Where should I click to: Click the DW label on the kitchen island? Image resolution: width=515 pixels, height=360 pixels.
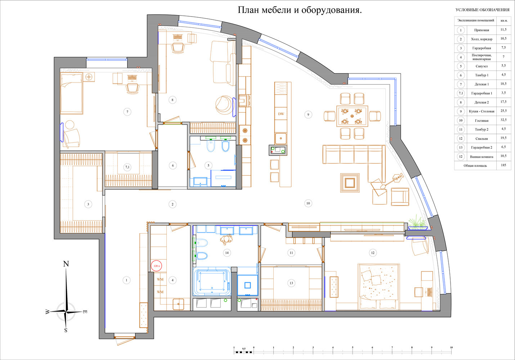click(281, 114)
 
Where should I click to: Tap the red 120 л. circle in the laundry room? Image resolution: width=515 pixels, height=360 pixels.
click(157, 266)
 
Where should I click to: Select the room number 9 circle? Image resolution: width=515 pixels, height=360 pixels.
click(308, 114)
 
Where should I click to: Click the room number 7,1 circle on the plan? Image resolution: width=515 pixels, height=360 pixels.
click(127, 167)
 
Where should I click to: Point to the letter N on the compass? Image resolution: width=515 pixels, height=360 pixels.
click(66, 264)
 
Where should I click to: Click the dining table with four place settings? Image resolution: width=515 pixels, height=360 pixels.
click(352, 116)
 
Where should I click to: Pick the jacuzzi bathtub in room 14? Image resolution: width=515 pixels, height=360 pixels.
click(212, 281)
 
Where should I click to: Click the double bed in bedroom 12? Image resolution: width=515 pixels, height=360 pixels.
click(378, 287)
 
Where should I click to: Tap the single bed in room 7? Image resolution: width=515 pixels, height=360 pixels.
click(72, 93)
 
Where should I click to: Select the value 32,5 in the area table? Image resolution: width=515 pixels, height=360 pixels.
click(503, 120)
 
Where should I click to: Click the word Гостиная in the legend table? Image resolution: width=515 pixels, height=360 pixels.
click(482, 121)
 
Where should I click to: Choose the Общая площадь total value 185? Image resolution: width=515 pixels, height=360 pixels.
click(503, 165)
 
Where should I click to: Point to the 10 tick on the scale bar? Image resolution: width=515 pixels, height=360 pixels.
click(451, 348)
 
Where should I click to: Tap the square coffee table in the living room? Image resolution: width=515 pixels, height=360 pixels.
click(350, 183)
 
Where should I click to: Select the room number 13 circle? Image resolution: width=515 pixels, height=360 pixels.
click(291, 283)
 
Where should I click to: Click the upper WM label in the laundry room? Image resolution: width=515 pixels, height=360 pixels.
click(160, 279)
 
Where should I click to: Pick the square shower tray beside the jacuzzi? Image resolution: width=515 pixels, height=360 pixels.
click(247, 285)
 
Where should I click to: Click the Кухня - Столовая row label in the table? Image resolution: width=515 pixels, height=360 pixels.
click(482, 111)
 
